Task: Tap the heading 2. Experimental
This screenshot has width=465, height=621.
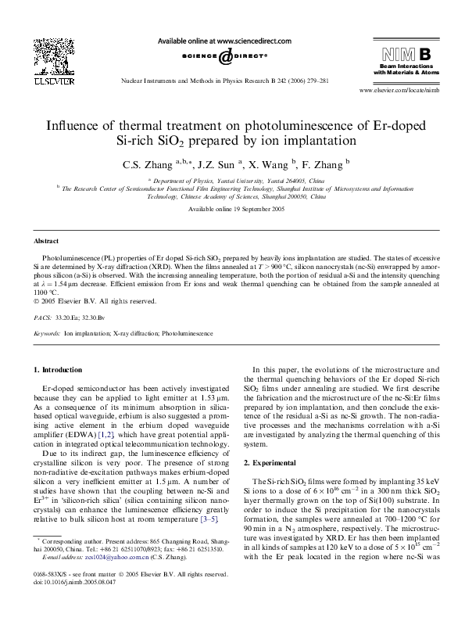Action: click(274, 463)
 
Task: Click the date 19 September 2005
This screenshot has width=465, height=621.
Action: click(252, 210)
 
